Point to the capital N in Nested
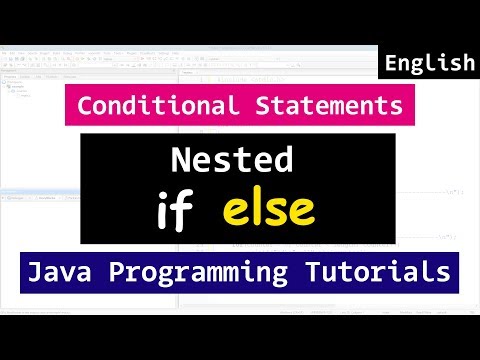point(184,161)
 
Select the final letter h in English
point(467,64)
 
